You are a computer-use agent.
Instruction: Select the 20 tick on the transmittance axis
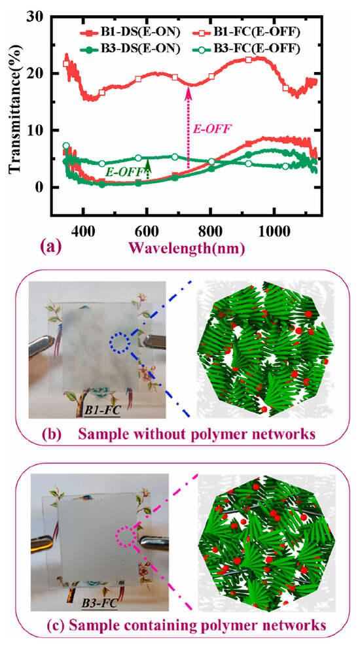(52, 73)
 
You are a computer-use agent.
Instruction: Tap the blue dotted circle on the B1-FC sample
(118, 342)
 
